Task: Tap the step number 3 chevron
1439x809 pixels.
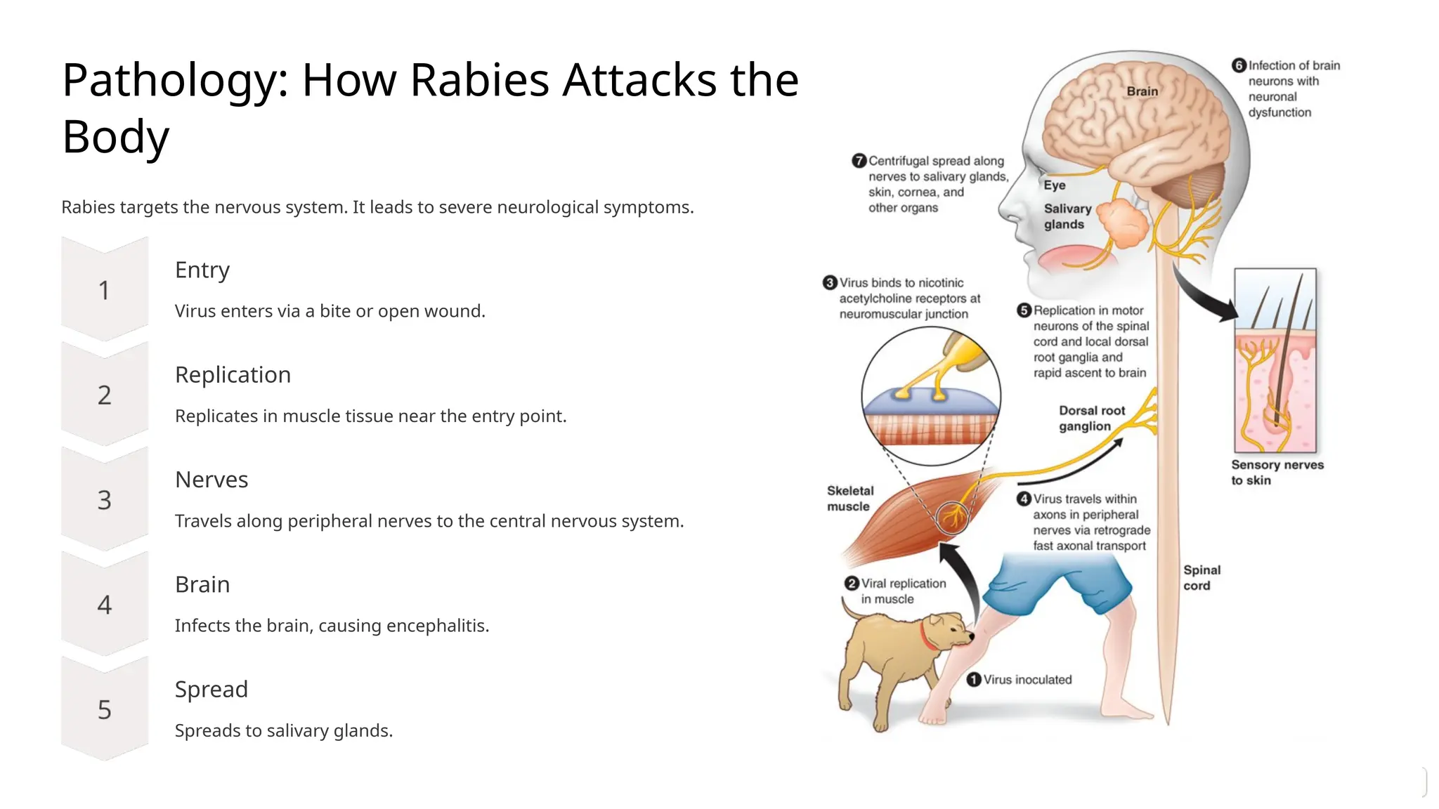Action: coord(104,500)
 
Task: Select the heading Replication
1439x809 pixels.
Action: coord(233,375)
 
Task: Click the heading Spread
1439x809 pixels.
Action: coord(211,690)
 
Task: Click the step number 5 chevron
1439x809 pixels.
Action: coord(104,710)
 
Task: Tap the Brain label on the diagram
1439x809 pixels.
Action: coord(1142,91)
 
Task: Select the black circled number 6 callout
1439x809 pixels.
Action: coord(1239,65)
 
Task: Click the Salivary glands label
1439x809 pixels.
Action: coord(1067,216)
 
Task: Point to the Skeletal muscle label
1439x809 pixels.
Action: coord(850,499)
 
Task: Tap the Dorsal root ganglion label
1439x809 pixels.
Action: coord(1091,419)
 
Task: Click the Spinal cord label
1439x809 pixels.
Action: coord(1202,578)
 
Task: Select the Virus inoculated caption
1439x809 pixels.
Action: coord(1027,680)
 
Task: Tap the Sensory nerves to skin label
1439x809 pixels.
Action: coord(1276,473)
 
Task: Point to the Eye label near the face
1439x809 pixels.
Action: coord(1054,185)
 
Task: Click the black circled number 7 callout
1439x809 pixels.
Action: coord(859,161)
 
